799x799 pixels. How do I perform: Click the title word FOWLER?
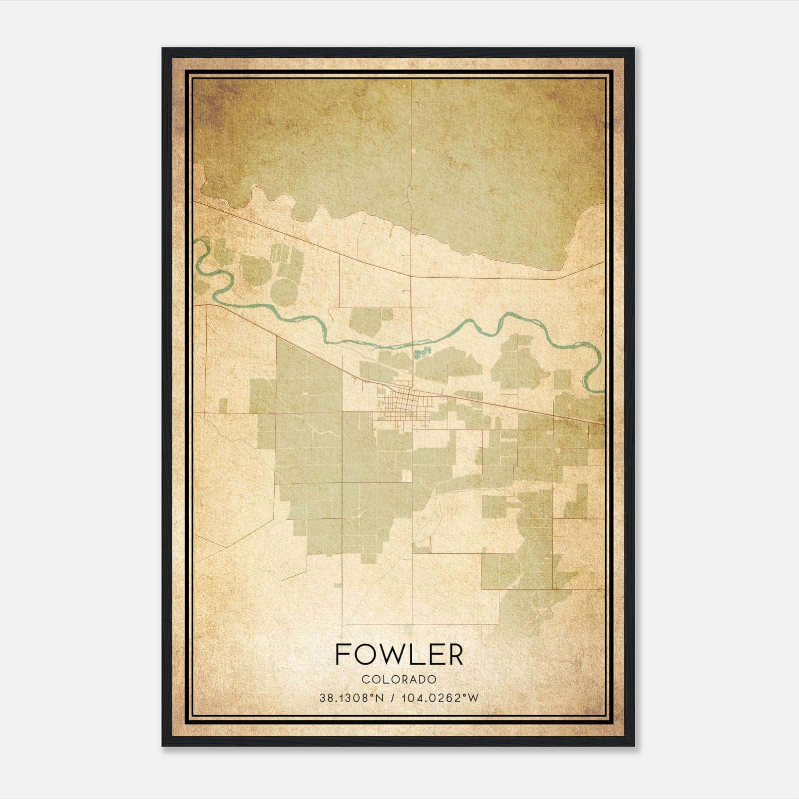[x=399, y=654]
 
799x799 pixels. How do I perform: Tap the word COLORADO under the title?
[x=399, y=679]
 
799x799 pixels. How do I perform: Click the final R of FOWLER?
[x=455, y=654]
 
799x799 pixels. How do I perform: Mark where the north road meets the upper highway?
[x=411, y=276]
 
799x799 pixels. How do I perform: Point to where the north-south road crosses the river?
[x=412, y=343]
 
